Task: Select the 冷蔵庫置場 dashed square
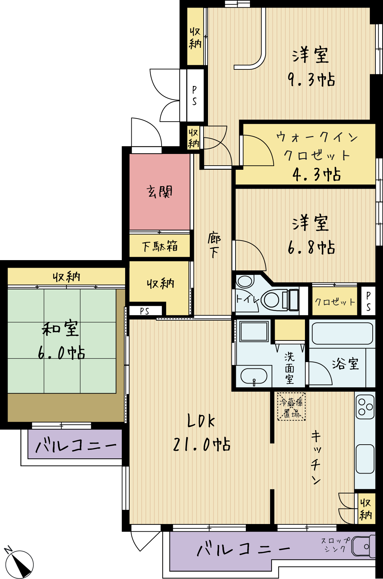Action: click(292, 407)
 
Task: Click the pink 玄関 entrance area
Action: click(160, 191)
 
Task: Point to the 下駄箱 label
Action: click(160, 246)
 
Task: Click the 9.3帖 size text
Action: click(311, 80)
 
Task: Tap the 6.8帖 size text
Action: click(311, 248)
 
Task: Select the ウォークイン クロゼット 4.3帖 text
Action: click(317, 156)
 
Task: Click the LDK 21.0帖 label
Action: click(201, 433)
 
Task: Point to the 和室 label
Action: click(61, 329)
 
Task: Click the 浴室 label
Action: click(346, 364)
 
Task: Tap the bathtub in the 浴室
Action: click(342, 333)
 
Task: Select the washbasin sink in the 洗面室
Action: click(254, 376)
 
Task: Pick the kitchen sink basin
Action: click(365, 459)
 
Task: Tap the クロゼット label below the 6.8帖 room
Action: click(335, 302)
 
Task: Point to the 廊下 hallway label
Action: click(214, 246)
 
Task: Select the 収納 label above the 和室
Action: click(66, 277)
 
